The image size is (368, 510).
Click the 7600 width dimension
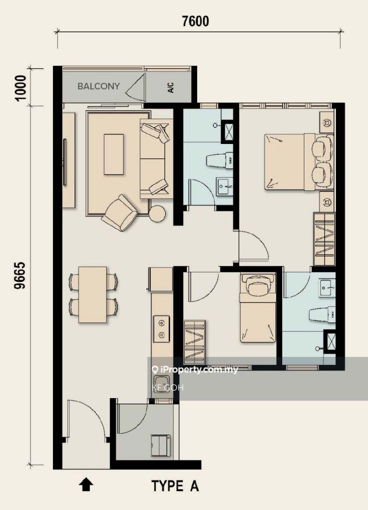(195, 21)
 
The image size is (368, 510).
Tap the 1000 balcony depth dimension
(20, 88)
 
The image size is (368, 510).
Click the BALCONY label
(98, 86)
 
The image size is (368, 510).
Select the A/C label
(171, 88)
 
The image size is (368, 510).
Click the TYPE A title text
(175, 486)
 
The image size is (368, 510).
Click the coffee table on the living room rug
(114, 154)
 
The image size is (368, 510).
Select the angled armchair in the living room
(120, 213)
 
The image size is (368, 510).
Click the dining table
(93, 295)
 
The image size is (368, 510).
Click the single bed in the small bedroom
(258, 308)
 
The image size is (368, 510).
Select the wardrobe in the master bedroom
(324, 239)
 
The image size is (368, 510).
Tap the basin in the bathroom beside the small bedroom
(327, 288)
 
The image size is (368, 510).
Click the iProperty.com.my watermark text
(195, 369)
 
